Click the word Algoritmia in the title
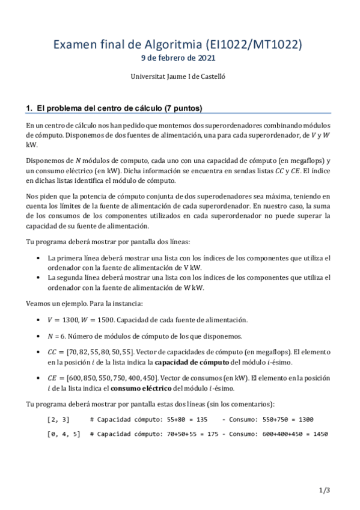(174, 45)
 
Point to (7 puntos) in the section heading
(183, 108)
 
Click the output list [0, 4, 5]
(63, 434)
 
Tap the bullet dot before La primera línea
(39, 258)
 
